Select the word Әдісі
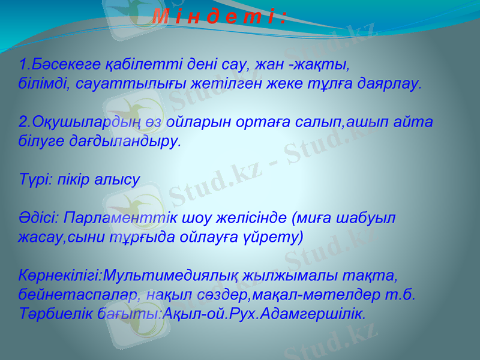pyautogui.click(x=38, y=217)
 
